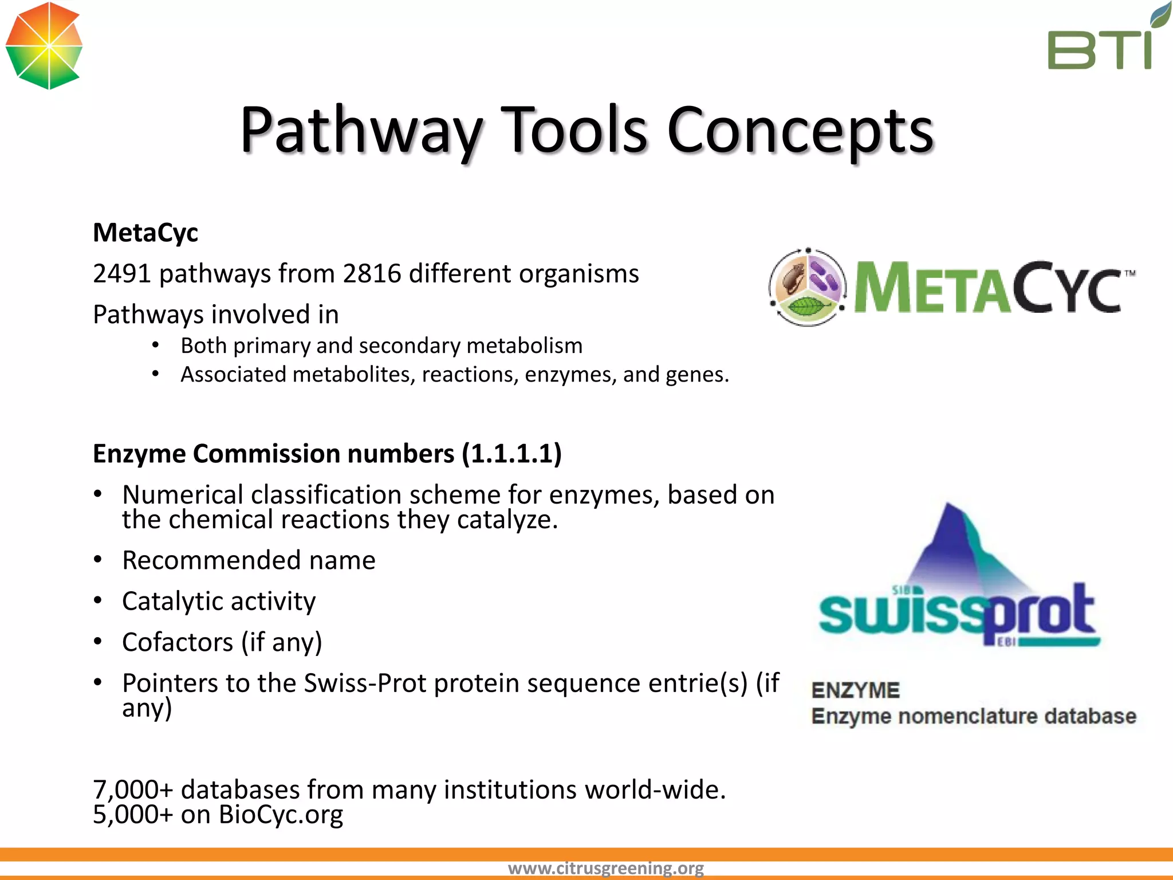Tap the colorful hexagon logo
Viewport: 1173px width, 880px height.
[x=44, y=46]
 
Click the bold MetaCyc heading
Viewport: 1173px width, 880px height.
[x=145, y=233]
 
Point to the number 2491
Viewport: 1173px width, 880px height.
[x=121, y=274]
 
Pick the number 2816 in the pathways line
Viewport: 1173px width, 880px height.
[x=372, y=274]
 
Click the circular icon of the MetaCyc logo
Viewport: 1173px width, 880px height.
[x=808, y=287]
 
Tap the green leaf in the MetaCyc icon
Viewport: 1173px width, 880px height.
[x=806, y=307]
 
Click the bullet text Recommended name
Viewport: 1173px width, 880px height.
[x=249, y=560]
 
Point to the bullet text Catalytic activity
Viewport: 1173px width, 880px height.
[x=219, y=602]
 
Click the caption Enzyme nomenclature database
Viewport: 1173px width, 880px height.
[x=974, y=717]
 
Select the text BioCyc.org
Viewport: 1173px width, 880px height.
[x=281, y=815]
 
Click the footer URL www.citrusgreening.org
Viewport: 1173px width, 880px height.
[x=605, y=869]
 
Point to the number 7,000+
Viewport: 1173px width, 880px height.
[x=133, y=790]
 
